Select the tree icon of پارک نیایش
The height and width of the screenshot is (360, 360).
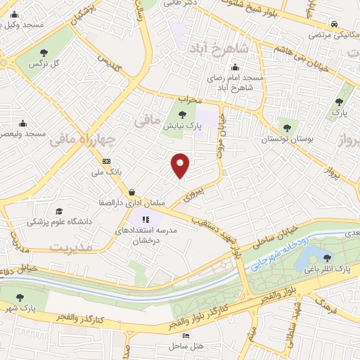pyautogui.click(x=183, y=113)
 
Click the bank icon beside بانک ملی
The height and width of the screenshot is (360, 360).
pyautogui.click(x=106, y=160)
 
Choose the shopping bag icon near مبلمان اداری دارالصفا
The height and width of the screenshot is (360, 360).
pyautogui.click(x=131, y=192)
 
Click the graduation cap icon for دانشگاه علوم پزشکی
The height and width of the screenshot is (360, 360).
pyautogui.click(x=59, y=211)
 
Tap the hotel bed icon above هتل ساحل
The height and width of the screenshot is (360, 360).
pyautogui.click(x=186, y=336)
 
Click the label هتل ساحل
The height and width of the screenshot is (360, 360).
pyautogui.click(x=186, y=347)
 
